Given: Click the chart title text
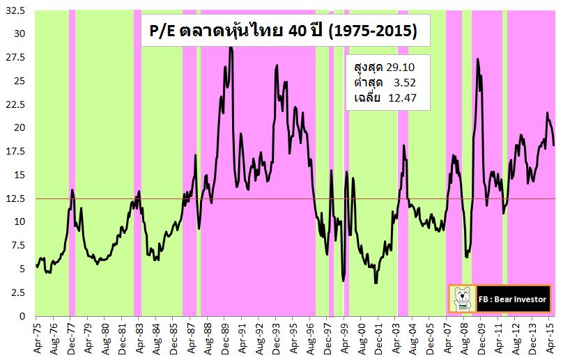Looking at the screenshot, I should click(x=281, y=32).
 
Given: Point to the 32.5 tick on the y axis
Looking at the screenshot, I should click(x=15, y=12).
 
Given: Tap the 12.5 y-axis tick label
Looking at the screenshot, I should click(x=15, y=198).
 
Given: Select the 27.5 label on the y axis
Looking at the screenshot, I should click(x=15, y=58).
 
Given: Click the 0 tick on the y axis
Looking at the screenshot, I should click(x=22, y=317).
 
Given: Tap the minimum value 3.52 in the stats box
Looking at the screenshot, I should click(x=408, y=82).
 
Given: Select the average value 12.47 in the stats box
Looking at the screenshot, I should click(x=406, y=97).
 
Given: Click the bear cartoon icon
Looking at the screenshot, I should click(x=461, y=299).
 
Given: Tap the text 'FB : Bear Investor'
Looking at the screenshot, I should click(x=513, y=299).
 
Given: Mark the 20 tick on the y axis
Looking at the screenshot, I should click(x=20, y=128).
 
